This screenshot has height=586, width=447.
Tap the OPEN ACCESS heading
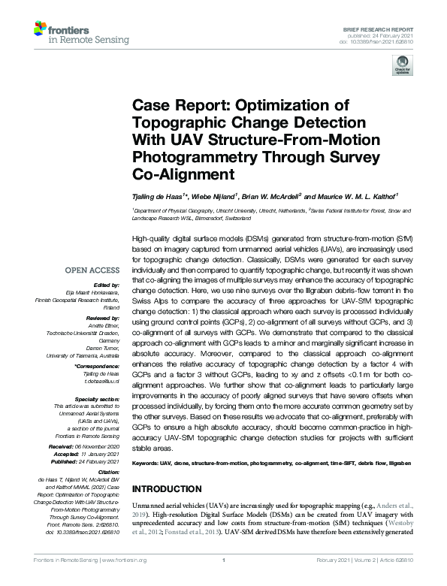[92, 270]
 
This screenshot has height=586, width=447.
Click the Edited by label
[110, 285]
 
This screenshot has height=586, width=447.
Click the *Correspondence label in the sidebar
[98, 367]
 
